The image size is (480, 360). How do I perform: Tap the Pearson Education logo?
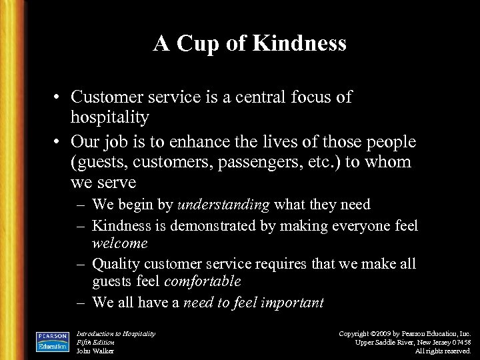click(x=53, y=340)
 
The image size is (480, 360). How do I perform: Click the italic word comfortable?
click(x=198, y=281)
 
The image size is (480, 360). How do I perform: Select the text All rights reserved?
click(x=443, y=351)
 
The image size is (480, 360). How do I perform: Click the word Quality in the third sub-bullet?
click(x=119, y=263)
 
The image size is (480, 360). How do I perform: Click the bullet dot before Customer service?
click(x=59, y=97)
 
